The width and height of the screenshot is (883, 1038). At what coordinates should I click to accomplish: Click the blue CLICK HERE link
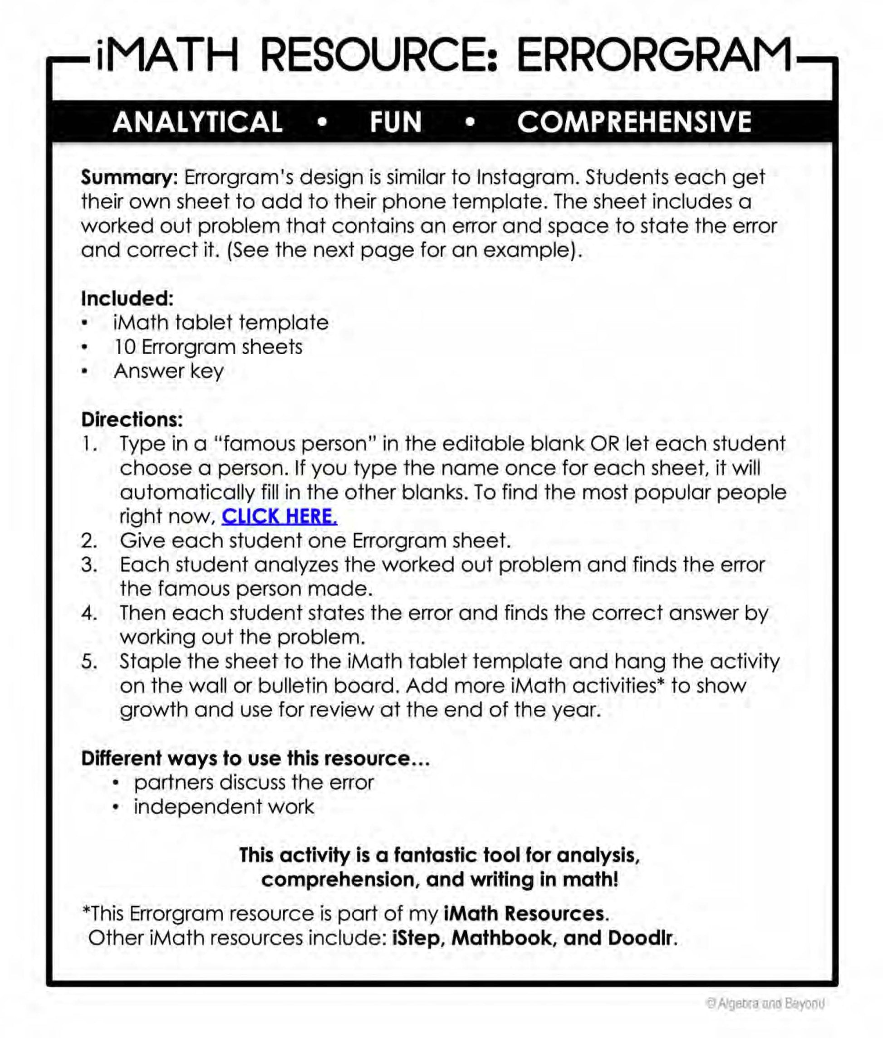click(x=280, y=516)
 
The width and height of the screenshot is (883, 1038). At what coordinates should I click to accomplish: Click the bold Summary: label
click(x=129, y=178)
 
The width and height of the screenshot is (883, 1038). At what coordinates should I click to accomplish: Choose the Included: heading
click(x=127, y=299)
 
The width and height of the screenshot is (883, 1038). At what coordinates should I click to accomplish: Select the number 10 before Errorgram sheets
click(x=125, y=346)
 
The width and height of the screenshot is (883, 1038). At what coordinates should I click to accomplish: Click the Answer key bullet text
click(x=169, y=371)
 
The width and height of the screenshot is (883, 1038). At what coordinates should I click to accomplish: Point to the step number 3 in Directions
click(x=88, y=565)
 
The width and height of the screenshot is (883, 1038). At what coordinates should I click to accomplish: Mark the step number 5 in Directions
click(x=88, y=661)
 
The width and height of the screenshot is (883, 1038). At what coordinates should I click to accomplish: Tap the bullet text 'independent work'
click(x=224, y=806)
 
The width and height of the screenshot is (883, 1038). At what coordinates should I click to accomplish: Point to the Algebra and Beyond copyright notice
click(x=765, y=1004)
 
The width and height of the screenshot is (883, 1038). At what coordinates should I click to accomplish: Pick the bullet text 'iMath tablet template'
click(x=221, y=323)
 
